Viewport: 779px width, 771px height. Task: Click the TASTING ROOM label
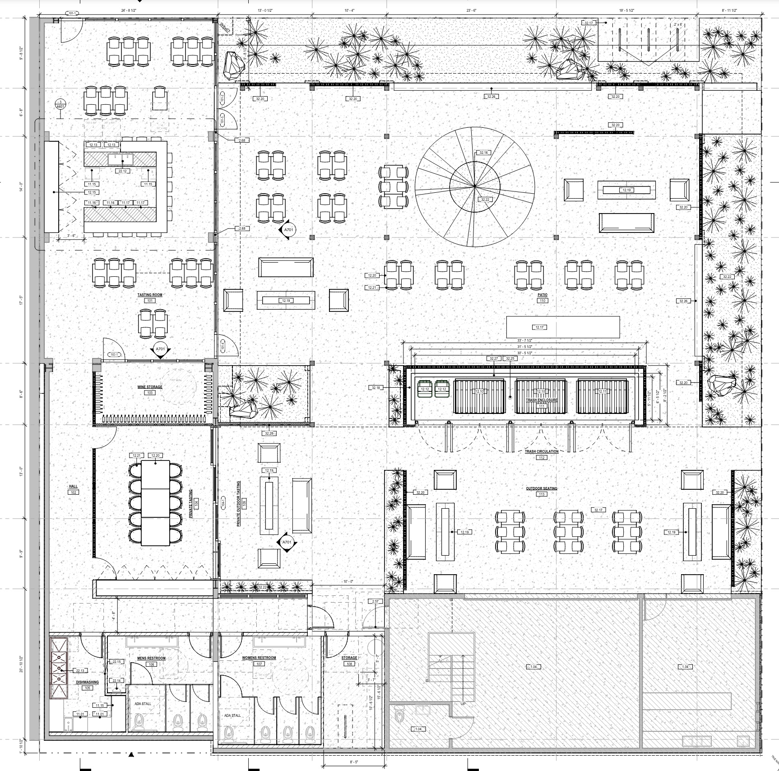click(x=150, y=295)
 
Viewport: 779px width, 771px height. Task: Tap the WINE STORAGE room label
click(x=150, y=387)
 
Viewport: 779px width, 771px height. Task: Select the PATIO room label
click(x=542, y=295)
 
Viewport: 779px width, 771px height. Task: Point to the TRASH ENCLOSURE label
click(x=542, y=400)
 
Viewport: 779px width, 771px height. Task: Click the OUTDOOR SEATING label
click(x=542, y=488)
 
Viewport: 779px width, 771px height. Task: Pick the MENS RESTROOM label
click(x=151, y=658)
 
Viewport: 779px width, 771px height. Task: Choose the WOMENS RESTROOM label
click(x=259, y=658)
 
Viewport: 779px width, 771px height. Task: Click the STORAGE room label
click(x=349, y=658)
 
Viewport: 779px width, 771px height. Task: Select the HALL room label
click(x=73, y=487)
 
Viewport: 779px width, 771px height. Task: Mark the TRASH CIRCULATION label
click(x=542, y=451)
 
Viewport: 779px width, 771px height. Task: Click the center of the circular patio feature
click(x=475, y=186)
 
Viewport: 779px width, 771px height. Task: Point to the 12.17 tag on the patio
click(x=539, y=327)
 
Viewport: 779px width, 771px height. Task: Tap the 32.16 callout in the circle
click(x=483, y=153)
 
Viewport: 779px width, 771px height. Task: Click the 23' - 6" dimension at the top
click(x=471, y=10)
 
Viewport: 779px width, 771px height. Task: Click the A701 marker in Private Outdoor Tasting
click(x=286, y=542)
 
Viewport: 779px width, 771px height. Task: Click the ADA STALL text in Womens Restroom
click(x=233, y=728)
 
